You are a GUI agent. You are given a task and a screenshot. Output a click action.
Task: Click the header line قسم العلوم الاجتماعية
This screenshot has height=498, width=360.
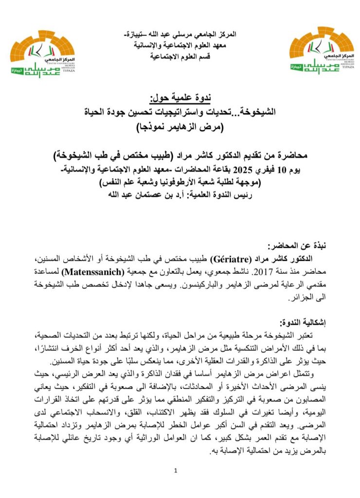181,57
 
